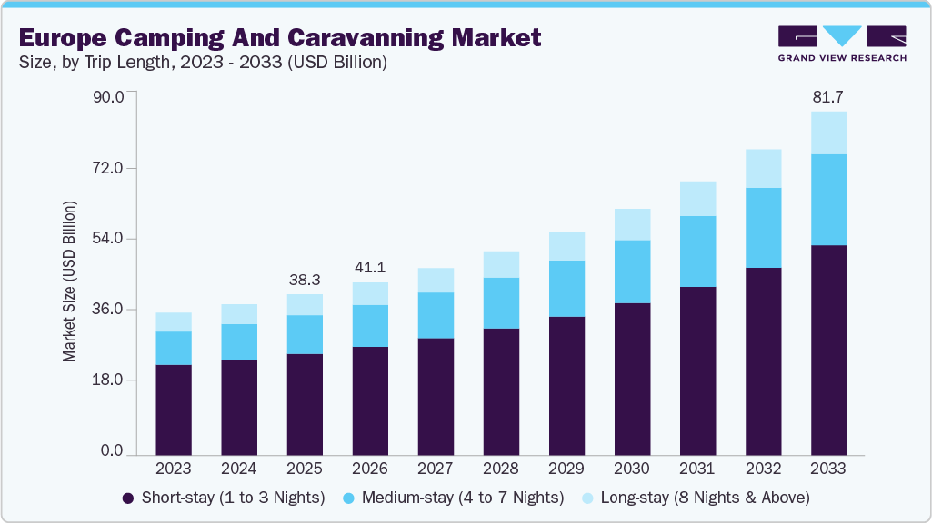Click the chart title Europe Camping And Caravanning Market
tap(280, 37)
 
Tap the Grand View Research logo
tap(842, 43)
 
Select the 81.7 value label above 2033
tap(828, 96)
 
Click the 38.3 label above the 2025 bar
tap(305, 280)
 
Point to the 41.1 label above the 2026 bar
tap(370, 268)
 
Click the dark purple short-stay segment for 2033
tap(828, 350)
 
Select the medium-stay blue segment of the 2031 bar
tap(697, 252)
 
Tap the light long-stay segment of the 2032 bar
tap(763, 169)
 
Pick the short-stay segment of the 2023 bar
tap(174, 410)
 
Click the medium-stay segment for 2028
tap(501, 303)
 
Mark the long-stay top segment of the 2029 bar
tap(566, 246)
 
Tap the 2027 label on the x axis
tap(436, 469)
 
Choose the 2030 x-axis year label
tap(632, 469)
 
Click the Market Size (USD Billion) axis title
tap(70, 281)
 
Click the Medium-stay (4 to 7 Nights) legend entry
tap(454, 498)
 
